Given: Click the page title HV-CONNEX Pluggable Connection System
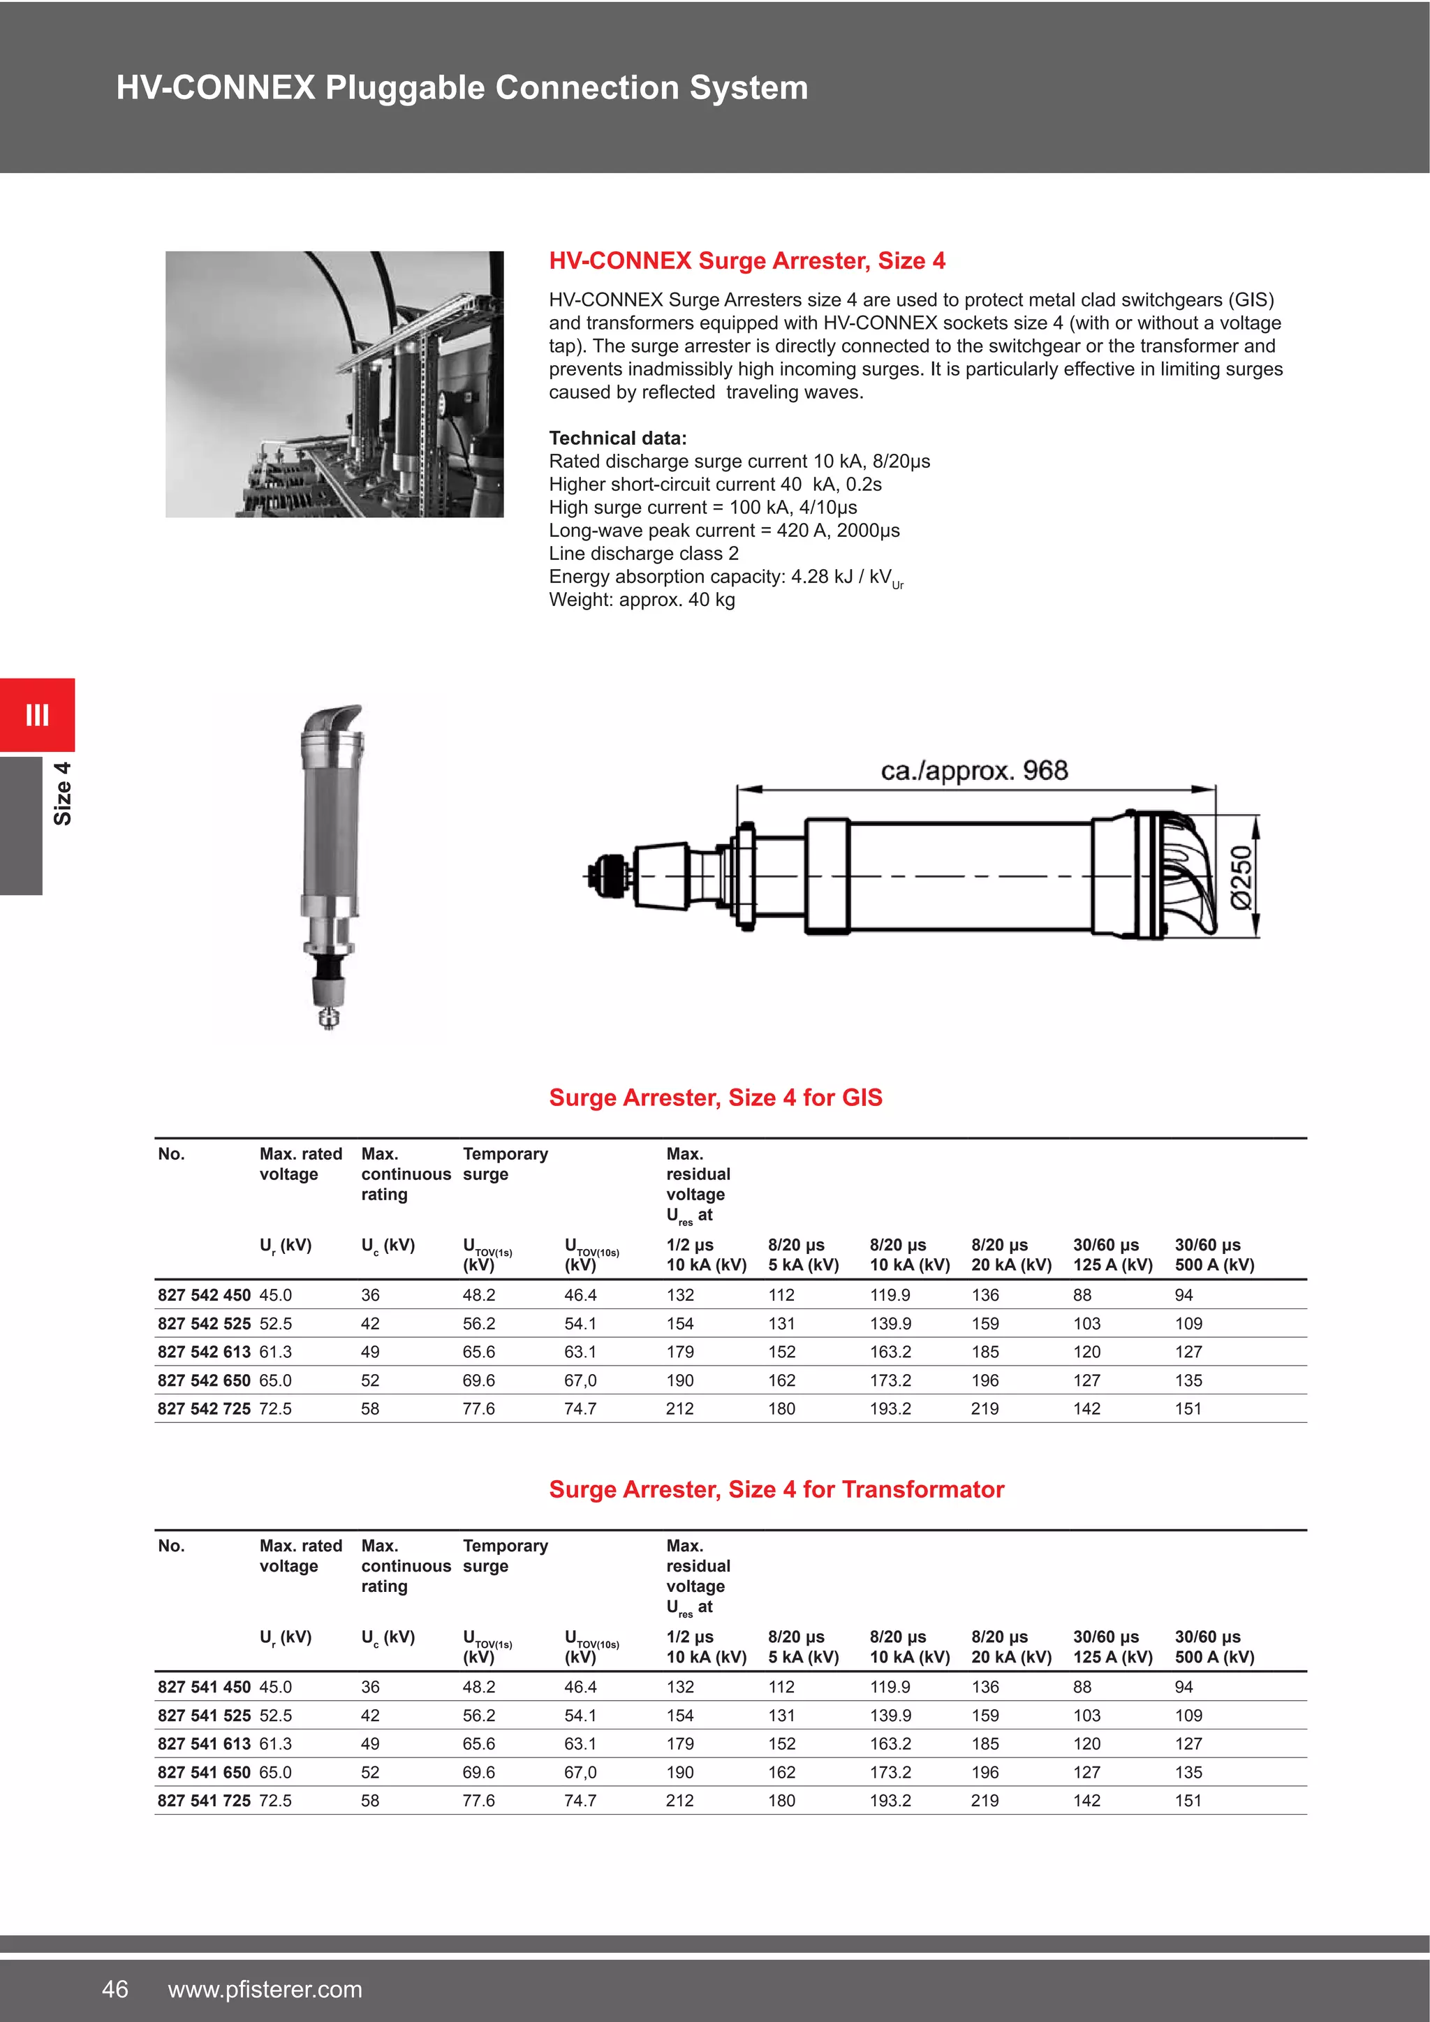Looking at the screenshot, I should tap(462, 88).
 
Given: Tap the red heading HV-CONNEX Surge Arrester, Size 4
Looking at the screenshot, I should tap(746, 260).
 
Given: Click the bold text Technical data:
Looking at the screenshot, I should tap(617, 438).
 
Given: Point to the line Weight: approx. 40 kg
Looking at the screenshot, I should tap(641, 600).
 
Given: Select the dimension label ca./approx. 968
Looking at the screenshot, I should tap(974, 771).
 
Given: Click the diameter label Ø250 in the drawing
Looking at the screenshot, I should tap(1240, 876).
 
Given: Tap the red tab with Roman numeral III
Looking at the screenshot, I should tap(37, 714).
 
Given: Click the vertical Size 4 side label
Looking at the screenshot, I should tap(61, 793).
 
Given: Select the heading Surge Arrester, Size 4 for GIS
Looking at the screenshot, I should tap(715, 1098).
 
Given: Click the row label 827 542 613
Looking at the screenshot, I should tap(203, 1352).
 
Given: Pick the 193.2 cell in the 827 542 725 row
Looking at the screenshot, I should tap(890, 1408).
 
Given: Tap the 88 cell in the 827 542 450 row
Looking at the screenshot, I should tap(1082, 1295).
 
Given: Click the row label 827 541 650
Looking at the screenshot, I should tap(203, 1772).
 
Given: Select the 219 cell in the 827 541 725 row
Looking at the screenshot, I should tap(985, 1800).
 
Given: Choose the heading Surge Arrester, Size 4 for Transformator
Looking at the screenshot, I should tap(776, 1489).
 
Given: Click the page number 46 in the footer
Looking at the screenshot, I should tap(115, 1988).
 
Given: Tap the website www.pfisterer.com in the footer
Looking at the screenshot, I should tap(265, 1989).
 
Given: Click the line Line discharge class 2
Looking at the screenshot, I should tap(644, 553).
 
